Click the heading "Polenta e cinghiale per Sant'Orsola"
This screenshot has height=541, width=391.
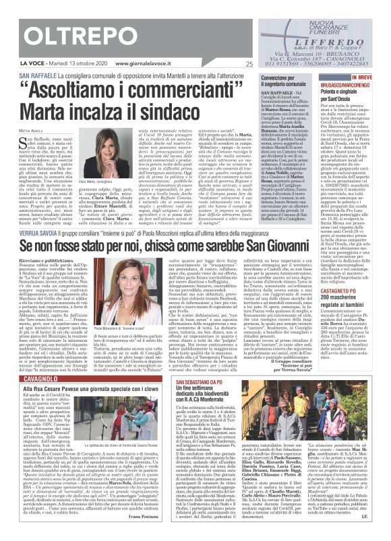tap(347, 91)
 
